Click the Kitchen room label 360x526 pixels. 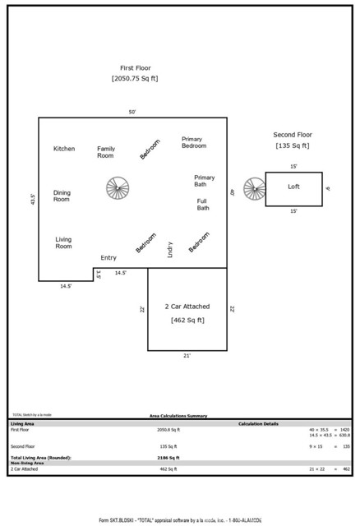tap(64, 149)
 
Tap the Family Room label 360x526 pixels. tap(105, 152)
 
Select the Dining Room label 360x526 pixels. tap(62, 196)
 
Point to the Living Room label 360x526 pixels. tap(63, 242)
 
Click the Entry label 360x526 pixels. tap(108, 257)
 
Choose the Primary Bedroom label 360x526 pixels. tap(194, 142)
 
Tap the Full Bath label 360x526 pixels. tap(202, 204)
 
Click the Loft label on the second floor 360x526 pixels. tap(293, 187)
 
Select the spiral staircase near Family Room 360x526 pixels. tap(118, 188)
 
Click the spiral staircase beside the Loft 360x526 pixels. tap(254, 190)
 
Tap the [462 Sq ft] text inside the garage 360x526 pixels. tap(187, 320)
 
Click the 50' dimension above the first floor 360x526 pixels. tap(132, 112)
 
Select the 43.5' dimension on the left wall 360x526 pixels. tap(32, 200)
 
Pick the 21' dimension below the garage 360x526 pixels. tap(187, 356)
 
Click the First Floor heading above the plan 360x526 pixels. tap(134, 69)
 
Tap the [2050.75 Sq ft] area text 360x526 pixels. tap(134, 79)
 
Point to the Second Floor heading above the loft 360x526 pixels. tap(293, 135)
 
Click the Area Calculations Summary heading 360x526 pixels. tap(178, 417)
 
